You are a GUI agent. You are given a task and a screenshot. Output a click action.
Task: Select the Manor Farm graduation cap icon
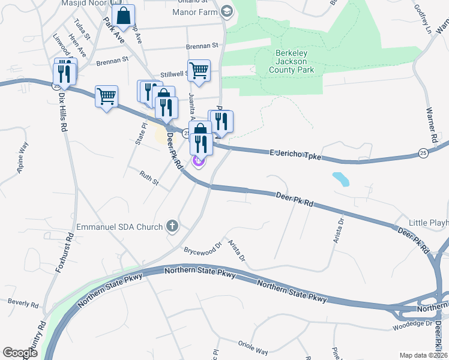pos(226,11)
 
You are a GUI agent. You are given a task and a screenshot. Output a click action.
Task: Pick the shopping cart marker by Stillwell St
pos(199,71)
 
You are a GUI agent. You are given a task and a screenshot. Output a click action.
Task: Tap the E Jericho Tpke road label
pos(295,156)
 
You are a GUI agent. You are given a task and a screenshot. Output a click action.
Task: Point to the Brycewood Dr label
pos(203,247)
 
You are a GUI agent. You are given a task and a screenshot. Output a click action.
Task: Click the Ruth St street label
pos(148,179)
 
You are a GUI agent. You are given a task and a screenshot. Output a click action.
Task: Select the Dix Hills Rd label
pos(62,112)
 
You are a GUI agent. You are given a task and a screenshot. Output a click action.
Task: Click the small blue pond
pos(341,179)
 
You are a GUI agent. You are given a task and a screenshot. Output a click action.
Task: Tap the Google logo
pos(20,353)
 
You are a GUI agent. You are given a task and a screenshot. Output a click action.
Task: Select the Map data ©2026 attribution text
pos(424,355)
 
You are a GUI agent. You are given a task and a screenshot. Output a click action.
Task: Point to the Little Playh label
pos(428,223)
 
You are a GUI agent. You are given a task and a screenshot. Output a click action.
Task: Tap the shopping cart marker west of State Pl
pos(106,96)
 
